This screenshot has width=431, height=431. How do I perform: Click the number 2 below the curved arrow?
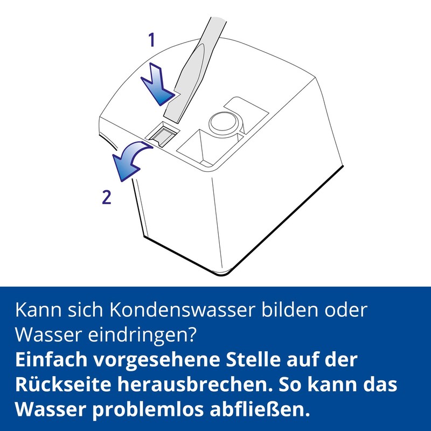[x=107, y=198]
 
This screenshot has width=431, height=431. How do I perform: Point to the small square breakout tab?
[x=163, y=134]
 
